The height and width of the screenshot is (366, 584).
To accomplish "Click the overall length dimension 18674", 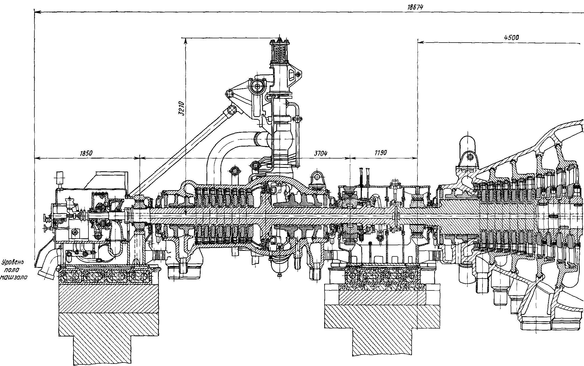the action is pos(415,7).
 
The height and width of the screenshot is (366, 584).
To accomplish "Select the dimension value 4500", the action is pos(511,37).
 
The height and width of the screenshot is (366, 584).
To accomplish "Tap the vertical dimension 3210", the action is pos(182,109).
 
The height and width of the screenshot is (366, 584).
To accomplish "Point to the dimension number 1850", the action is pos(86,153).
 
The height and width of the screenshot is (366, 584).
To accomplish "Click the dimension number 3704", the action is pos(321,153).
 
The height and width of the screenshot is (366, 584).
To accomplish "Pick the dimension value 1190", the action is pos(380,153).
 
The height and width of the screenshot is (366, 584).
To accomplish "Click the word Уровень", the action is pos(13,263).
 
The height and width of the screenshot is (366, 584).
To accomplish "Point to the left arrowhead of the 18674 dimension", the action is pos(37,12).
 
